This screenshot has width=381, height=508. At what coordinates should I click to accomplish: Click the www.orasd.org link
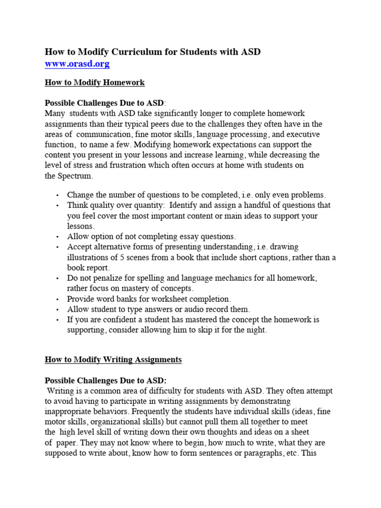(77, 64)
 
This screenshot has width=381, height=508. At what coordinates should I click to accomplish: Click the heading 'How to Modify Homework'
(95, 83)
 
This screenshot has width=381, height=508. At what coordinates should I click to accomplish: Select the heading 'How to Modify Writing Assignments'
(113, 360)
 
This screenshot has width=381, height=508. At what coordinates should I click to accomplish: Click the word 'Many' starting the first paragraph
(54, 114)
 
